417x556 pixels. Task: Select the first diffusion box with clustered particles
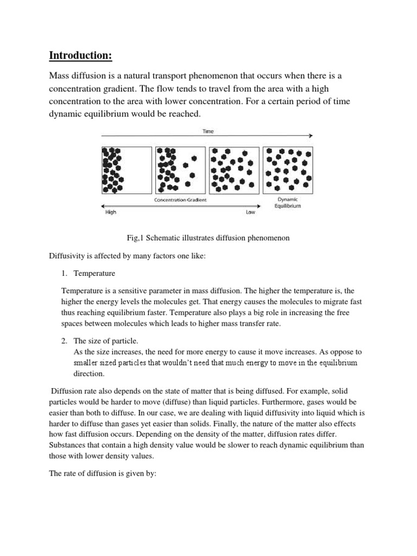coord(127,170)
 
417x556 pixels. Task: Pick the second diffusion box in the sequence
coord(180,170)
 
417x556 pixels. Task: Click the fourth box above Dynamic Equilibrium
coord(288,170)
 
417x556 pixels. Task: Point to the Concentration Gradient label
coord(180,200)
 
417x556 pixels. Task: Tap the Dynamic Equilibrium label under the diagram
coord(288,203)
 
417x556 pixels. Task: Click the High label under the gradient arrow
coord(110,213)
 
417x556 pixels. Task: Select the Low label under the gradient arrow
coord(250,213)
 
